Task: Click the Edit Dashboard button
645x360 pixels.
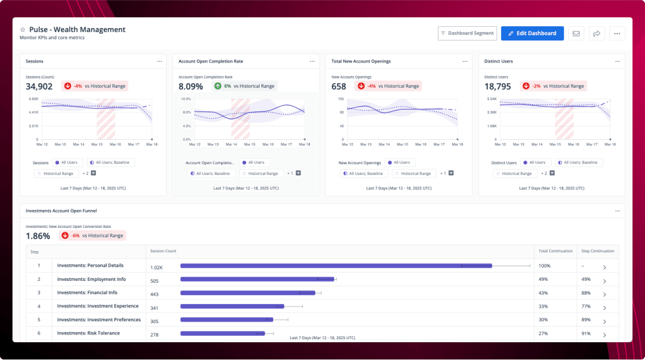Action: (x=532, y=33)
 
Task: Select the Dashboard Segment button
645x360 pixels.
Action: (x=467, y=33)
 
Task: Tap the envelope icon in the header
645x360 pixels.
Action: (x=576, y=33)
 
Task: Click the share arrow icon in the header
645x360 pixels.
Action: (x=596, y=33)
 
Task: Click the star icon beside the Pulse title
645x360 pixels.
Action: (x=23, y=30)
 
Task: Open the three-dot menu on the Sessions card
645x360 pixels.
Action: (x=159, y=61)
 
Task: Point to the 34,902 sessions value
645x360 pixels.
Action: (x=39, y=86)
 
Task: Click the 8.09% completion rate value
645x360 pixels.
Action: (x=191, y=86)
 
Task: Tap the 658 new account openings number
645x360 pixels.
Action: (x=339, y=86)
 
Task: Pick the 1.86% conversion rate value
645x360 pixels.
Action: (x=38, y=236)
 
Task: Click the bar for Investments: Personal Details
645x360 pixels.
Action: (x=336, y=265)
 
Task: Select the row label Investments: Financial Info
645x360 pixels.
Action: (x=87, y=293)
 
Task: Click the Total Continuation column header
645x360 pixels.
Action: (x=556, y=251)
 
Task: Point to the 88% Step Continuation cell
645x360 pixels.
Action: (x=585, y=293)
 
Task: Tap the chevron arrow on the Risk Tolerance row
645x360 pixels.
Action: (x=605, y=335)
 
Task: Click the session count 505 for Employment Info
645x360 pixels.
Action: (x=154, y=281)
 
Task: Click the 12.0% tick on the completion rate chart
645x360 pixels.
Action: (x=186, y=99)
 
